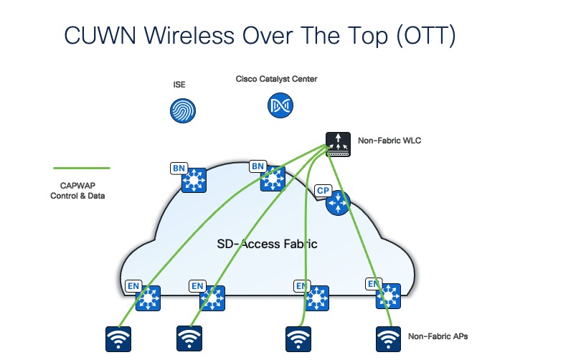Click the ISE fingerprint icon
point(182,110)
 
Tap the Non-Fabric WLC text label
point(389,141)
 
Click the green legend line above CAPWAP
point(82,168)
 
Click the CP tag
point(323,191)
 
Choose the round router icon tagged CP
point(336,204)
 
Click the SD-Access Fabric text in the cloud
point(267,244)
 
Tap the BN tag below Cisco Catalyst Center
point(257,166)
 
